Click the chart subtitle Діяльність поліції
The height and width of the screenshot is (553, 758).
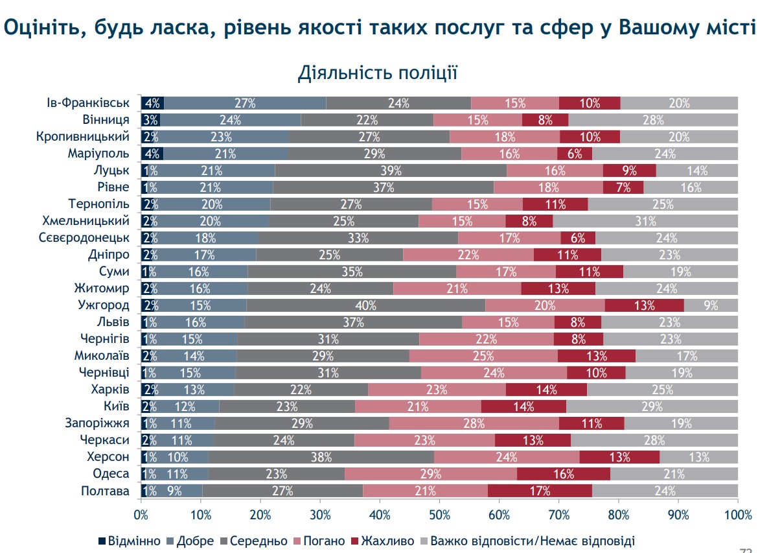pos(378,73)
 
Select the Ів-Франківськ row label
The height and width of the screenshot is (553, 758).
pos(88,103)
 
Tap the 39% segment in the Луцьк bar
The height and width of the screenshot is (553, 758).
pos(391,171)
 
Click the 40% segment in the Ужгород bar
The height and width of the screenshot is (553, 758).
pos(365,305)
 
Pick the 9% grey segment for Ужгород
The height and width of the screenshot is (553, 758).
pos(711,305)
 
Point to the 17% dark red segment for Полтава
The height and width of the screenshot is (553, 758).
pos(540,491)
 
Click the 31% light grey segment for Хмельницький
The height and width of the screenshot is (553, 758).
pos(645,221)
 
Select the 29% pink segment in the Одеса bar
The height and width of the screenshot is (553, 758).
pos(431,474)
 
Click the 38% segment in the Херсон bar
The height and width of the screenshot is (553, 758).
pos(321,457)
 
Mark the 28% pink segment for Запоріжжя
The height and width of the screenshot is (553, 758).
pos(474,423)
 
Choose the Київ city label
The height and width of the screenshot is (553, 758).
pos(117,406)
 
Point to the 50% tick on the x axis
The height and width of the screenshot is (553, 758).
pos(439,515)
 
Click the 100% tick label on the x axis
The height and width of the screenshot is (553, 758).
pos(737,515)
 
